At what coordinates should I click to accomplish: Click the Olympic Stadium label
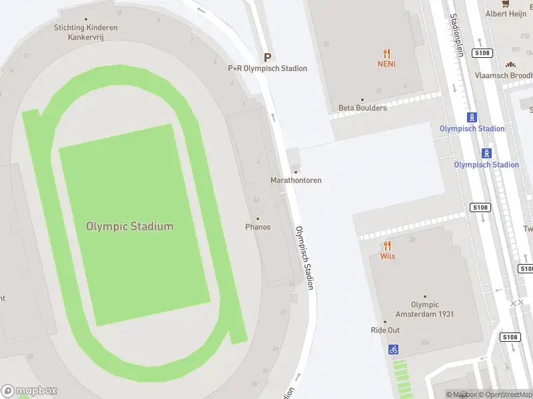pos(129,226)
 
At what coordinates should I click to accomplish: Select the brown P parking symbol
pos(268,58)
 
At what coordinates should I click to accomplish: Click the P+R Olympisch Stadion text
pos(268,68)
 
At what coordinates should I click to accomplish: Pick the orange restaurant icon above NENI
pos(386,54)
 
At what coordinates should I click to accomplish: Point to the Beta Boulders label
pos(362,108)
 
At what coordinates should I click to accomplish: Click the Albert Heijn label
pos(506,13)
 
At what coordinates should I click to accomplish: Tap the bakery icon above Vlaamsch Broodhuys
pos(510,65)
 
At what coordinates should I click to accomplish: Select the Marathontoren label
pos(296,180)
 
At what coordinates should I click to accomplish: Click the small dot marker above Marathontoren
pos(296,172)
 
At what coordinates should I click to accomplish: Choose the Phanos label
pos(258,227)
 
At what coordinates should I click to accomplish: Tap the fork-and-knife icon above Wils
pos(387,245)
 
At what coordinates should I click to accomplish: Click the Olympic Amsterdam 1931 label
pos(424,310)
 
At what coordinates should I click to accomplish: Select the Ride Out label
pos(385,331)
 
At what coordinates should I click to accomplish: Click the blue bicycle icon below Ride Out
pos(393,348)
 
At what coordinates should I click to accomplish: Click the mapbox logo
pos(29,390)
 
